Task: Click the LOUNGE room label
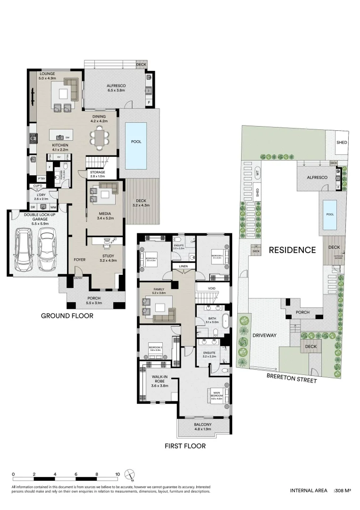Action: (x=47, y=74)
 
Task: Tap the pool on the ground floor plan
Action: (x=136, y=141)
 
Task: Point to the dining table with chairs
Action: (x=100, y=137)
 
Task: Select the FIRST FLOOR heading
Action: (x=184, y=445)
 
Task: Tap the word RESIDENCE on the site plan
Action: (x=292, y=250)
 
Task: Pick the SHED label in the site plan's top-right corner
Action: (x=341, y=143)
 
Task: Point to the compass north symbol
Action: (x=130, y=474)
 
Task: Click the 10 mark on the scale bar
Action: (x=117, y=474)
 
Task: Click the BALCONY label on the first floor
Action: (x=203, y=425)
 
